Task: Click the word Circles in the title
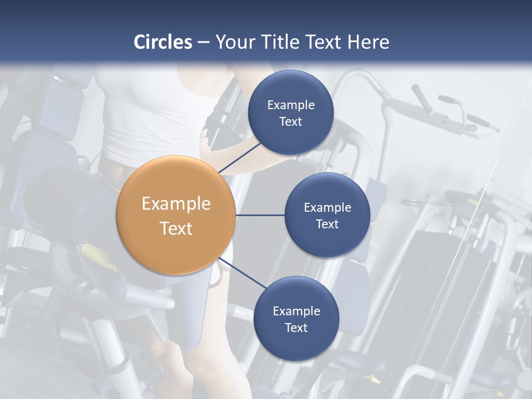coord(162,42)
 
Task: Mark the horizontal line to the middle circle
coord(260,215)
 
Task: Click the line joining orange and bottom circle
coord(242,273)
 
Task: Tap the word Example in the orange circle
coord(176,203)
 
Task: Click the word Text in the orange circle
coord(176,228)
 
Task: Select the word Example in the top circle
coord(290,105)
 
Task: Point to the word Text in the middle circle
coord(327,224)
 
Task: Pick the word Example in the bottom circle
coord(296,311)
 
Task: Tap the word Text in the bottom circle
coord(296,328)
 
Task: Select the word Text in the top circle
coord(290,121)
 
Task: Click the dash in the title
coord(203,42)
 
